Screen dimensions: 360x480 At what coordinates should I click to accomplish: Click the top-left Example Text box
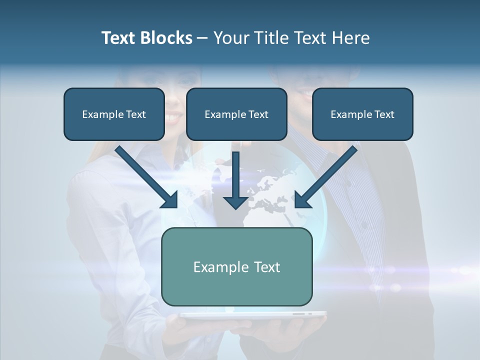coord(114,114)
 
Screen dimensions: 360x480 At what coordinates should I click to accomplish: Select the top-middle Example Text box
coord(236,114)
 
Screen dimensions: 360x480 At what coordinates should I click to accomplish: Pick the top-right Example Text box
coord(362,114)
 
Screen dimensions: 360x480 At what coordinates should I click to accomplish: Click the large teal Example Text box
coord(236,266)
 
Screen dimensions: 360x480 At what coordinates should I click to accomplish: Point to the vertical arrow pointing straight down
coord(235,177)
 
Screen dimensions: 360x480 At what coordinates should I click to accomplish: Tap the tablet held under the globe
coord(252,315)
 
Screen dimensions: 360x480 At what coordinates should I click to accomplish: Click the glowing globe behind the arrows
coord(270,195)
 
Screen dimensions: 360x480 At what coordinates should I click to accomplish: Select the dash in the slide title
coord(202,38)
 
